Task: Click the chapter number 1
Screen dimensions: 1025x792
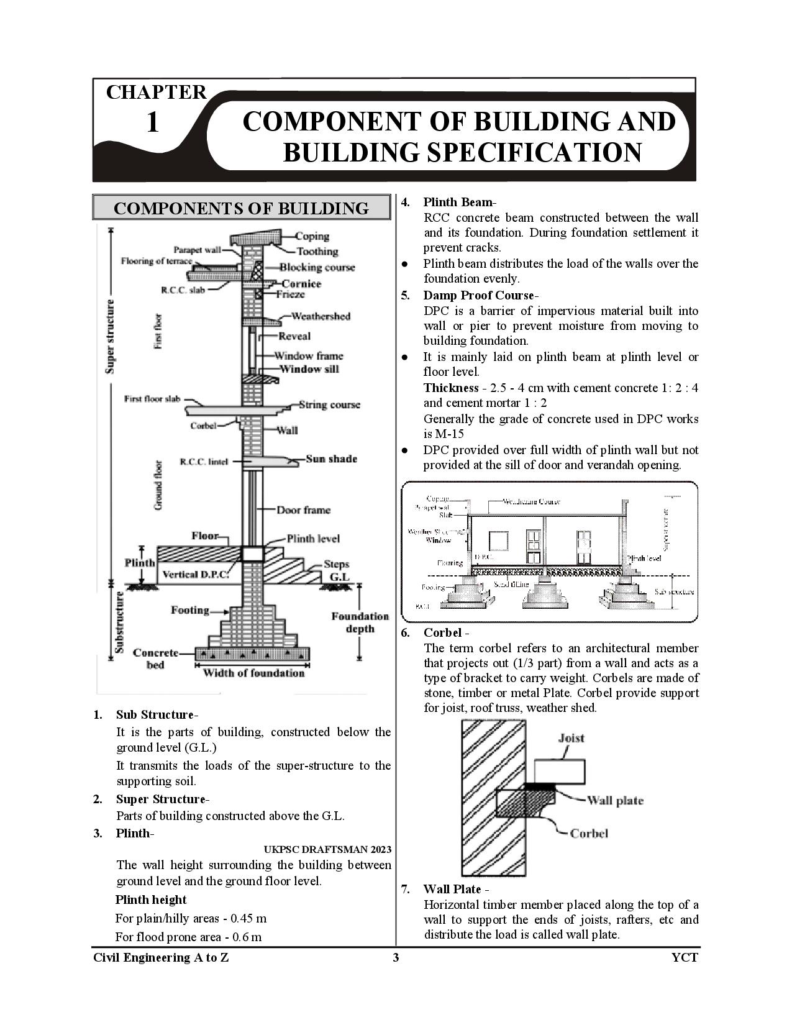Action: click(x=152, y=122)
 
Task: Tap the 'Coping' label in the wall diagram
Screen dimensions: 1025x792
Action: click(x=312, y=236)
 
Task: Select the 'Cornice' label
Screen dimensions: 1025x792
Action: click(x=301, y=283)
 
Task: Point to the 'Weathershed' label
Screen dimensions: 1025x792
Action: click(x=321, y=316)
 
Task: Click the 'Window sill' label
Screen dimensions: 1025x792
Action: click(x=309, y=369)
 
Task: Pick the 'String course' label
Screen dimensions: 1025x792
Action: click(x=329, y=404)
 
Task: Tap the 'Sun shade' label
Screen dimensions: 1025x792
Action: click(x=331, y=459)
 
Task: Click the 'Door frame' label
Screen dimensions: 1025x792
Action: click(x=303, y=510)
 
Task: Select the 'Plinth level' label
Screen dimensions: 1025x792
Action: click(x=313, y=539)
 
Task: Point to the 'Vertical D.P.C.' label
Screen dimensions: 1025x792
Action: click(x=195, y=575)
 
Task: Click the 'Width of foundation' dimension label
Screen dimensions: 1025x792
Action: click(x=253, y=673)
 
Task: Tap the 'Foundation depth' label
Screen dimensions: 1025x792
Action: click(x=360, y=622)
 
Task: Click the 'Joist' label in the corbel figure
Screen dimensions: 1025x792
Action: click(x=571, y=738)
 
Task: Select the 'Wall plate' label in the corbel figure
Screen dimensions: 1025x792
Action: click(x=615, y=800)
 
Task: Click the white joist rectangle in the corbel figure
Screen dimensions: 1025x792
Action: click(x=559, y=771)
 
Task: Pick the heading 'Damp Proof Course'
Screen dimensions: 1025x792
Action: click(x=478, y=295)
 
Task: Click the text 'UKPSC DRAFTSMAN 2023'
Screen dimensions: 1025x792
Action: click(x=327, y=849)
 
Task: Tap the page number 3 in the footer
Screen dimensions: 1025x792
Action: click(x=396, y=957)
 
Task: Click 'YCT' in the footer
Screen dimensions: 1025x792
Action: click(x=685, y=957)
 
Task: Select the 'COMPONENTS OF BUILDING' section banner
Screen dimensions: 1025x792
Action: click(x=241, y=208)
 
